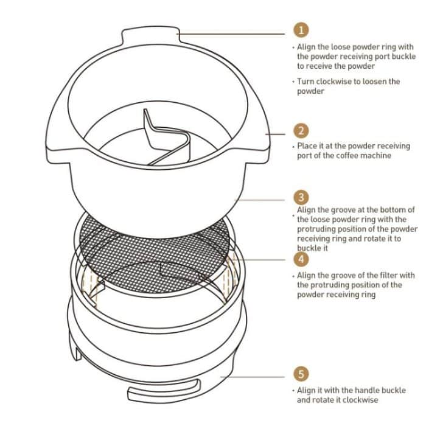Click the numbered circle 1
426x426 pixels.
click(x=301, y=30)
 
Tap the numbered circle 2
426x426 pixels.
click(x=301, y=130)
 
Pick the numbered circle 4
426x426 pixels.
click(x=301, y=259)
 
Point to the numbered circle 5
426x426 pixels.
click(x=301, y=374)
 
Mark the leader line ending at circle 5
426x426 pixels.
click(x=256, y=375)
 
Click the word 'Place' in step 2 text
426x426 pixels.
click(x=308, y=147)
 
